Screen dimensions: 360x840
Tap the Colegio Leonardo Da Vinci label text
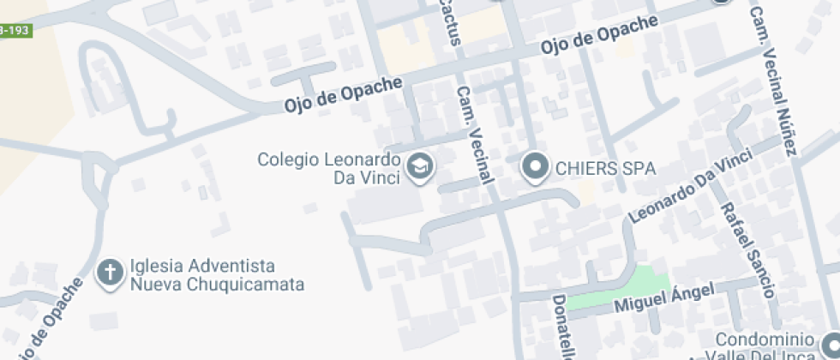tap(329, 168)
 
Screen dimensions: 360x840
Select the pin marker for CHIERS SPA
tap(536, 167)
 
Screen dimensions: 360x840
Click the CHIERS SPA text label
tap(604, 168)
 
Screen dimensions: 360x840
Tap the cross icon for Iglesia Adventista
tap(110, 273)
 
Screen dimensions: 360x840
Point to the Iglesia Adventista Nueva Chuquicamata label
tap(217, 274)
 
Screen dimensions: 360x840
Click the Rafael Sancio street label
tap(747, 249)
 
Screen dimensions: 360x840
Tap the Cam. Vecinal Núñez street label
tap(773, 81)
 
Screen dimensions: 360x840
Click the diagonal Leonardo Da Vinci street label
tap(691, 186)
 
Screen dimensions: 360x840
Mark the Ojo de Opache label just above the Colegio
tap(343, 95)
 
